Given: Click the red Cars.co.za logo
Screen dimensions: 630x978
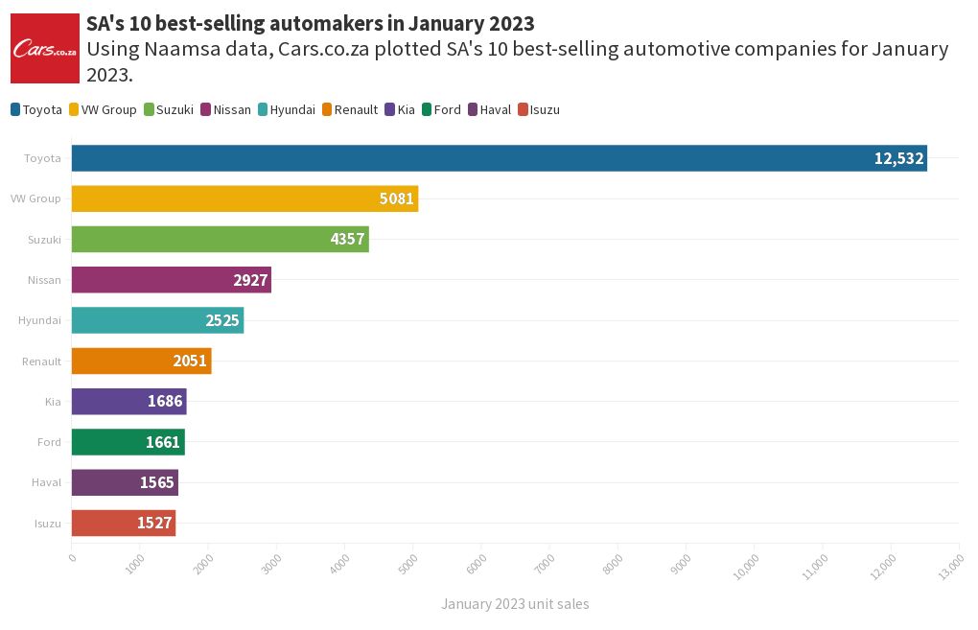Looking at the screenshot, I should (x=44, y=48).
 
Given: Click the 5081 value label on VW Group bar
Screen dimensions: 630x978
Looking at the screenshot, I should (x=396, y=198).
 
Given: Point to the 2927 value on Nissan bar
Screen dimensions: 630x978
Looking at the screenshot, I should (x=250, y=280).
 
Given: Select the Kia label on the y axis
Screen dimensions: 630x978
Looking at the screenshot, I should (x=53, y=402).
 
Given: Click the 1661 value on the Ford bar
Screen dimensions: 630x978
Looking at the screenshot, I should (x=163, y=442).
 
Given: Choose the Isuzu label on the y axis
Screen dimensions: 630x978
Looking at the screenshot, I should (x=47, y=524).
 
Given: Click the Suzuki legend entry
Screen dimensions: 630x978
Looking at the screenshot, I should (x=169, y=110).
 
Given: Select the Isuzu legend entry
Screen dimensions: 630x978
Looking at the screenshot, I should (x=538, y=110).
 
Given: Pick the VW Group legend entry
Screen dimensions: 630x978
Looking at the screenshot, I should (x=103, y=110).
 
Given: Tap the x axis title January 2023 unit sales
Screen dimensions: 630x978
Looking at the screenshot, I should (x=515, y=604).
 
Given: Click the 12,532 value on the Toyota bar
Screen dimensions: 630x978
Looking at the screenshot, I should (x=898, y=158).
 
